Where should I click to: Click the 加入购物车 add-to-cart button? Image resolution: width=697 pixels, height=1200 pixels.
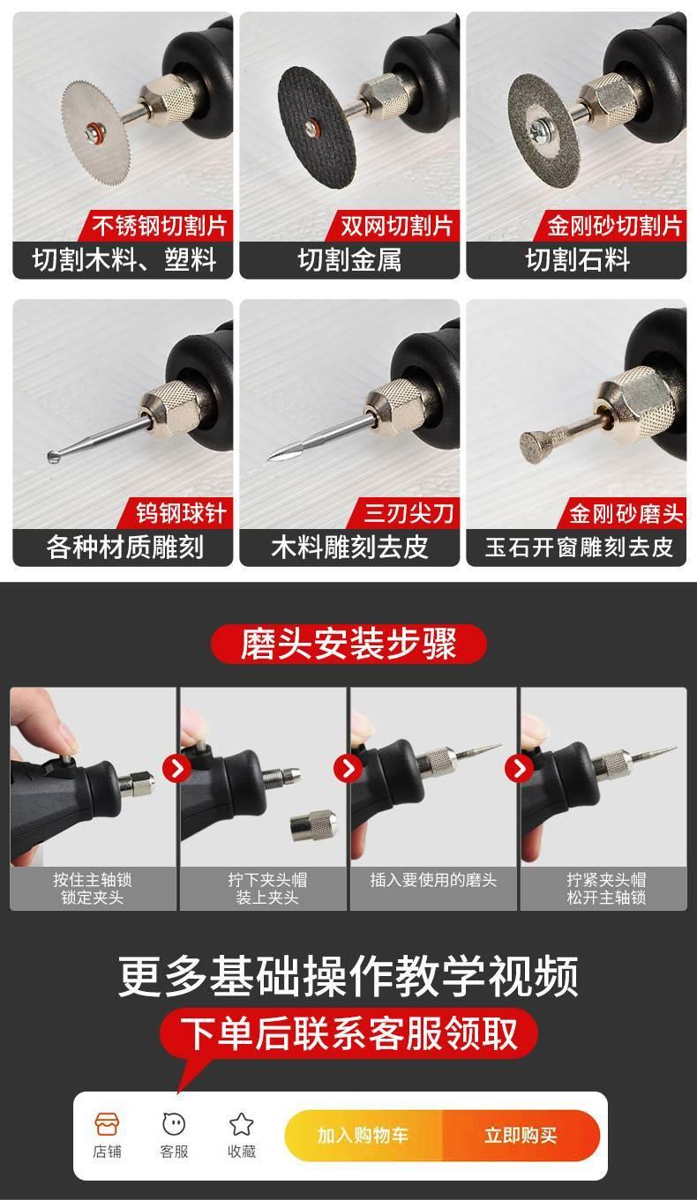pos(363,1135)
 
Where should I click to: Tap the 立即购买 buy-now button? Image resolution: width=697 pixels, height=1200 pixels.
pos(521,1135)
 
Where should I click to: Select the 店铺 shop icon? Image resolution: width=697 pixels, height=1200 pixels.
pos(108,1123)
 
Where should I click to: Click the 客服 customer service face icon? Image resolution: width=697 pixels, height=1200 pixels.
pos(174,1123)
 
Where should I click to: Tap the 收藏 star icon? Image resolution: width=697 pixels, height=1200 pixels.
pos(241,1123)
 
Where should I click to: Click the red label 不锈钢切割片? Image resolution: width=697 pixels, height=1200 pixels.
pos(158,226)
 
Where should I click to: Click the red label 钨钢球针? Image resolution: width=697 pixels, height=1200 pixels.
pos(180,513)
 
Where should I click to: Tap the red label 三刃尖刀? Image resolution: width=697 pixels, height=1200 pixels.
pos(408,513)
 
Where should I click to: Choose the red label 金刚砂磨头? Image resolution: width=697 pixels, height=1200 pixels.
pos(626,513)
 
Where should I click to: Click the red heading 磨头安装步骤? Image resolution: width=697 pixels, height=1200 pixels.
pos(348,644)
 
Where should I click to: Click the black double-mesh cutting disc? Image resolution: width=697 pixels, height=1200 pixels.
pos(317,128)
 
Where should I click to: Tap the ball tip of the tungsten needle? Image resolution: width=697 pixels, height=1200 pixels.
pos(53,457)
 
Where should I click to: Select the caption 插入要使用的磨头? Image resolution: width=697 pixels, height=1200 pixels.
pos(433,880)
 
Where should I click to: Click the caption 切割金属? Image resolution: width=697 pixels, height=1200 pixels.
pos(349,260)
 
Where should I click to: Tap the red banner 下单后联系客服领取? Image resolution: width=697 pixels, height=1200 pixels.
pos(348,1033)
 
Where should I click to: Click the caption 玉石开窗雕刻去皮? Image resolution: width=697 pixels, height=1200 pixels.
pos(578,548)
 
